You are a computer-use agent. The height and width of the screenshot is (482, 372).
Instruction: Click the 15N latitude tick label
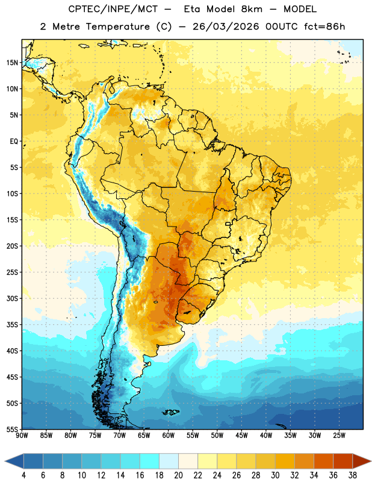coord(12,63)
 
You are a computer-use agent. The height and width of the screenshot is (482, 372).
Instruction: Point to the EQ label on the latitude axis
coord(14,142)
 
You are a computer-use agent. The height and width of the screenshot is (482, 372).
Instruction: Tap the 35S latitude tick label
coord(12,325)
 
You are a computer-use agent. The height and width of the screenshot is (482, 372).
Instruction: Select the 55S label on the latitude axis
coord(12,429)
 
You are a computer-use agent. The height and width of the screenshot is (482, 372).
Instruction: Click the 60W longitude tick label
coord(169,435)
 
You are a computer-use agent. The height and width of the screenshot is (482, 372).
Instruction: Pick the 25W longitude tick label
coord(339,435)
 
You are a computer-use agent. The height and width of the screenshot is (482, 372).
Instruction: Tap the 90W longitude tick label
coord(22,435)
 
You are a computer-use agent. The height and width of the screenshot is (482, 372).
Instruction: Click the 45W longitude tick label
coord(241,435)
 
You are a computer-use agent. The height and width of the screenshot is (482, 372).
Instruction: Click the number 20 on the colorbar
coord(178,475)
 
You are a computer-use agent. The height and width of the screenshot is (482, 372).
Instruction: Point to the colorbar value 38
coord(352,475)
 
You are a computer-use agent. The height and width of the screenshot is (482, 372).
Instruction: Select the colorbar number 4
coord(23,475)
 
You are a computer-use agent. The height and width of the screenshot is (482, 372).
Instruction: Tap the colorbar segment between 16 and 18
coord(150,461)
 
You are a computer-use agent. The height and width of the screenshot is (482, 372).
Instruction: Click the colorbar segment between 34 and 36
coord(323,461)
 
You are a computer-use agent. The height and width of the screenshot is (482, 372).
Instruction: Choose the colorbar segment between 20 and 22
coord(188,461)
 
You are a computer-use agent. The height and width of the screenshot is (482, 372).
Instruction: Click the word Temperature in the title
coord(117,27)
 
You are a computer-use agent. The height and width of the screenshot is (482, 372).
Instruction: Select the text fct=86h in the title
coord(324,27)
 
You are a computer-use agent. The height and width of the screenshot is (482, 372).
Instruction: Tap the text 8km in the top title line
coord(252,9)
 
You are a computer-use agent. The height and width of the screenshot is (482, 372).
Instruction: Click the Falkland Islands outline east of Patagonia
coord(170,412)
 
